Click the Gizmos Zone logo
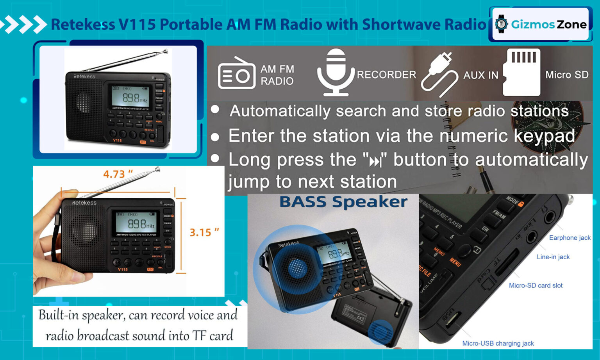(540, 24)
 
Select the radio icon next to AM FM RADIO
(236, 73)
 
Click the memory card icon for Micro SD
(521, 72)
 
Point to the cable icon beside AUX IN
(439, 74)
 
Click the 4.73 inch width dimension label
(118, 174)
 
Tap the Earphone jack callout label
(570, 238)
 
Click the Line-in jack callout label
(553, 257)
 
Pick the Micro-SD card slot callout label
(536, 285)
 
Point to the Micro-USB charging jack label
(498, 343)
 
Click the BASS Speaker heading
(343, 202)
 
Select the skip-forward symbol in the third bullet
(375, 161)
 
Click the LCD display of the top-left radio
(130, 96)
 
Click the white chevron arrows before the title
(23, 24)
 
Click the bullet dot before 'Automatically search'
(215, 110)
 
